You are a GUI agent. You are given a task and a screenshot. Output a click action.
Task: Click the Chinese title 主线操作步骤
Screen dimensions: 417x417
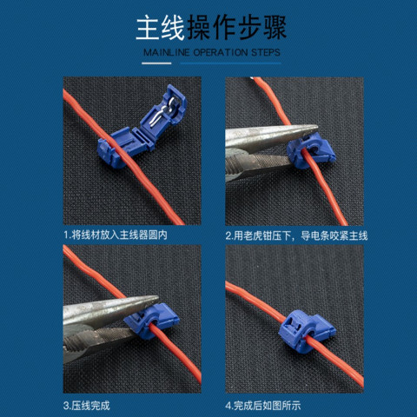(x=211, y=28)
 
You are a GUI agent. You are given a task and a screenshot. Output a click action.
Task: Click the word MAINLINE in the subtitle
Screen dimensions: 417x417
(x=167, y=52)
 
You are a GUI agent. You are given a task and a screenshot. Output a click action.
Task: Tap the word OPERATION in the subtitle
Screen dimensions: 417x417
(x=221, y=52)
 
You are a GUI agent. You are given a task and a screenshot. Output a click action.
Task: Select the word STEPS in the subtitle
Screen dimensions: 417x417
(x=266, y=52)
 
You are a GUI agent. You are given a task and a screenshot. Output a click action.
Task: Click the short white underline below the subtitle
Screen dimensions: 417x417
(x=156, y=63)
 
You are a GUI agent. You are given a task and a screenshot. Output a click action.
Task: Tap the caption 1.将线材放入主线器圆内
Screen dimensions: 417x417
(x=116, y=235)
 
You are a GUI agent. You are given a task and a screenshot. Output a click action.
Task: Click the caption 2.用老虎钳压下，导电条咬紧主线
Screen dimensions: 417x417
(x=296, y=236)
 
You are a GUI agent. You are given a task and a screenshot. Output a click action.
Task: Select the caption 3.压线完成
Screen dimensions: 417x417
(x=87, y=406)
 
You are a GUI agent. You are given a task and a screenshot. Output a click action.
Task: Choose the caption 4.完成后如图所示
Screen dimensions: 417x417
(x=263, y=406)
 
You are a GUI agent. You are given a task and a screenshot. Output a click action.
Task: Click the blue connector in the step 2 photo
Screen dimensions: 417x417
(x=311, y=150)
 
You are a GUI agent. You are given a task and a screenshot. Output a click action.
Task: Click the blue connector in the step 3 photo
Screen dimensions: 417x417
(x=151, y=321)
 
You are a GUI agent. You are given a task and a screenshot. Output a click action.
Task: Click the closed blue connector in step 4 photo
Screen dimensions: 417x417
(x=307, y=331)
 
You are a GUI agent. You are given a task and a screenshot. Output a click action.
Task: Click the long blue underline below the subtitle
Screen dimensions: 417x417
(x=230, y=63)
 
